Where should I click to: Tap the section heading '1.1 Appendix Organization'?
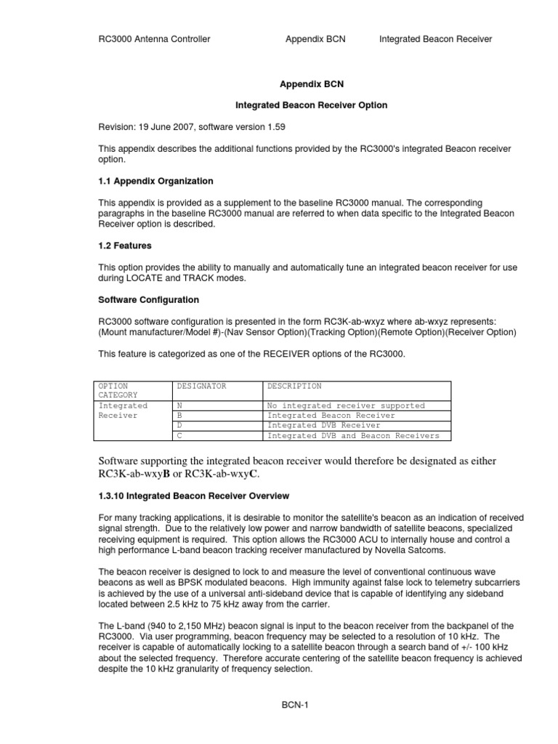155,181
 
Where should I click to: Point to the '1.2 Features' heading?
125,246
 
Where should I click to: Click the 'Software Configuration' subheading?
148,300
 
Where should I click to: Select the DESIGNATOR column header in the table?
201,387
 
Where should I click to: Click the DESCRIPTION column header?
294,387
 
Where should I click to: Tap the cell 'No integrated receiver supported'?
346,406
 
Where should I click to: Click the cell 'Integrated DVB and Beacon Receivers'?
353,436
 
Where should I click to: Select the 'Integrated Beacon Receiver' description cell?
331,416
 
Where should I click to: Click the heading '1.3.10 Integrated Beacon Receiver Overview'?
193,496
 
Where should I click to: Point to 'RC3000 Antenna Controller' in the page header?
154,39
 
